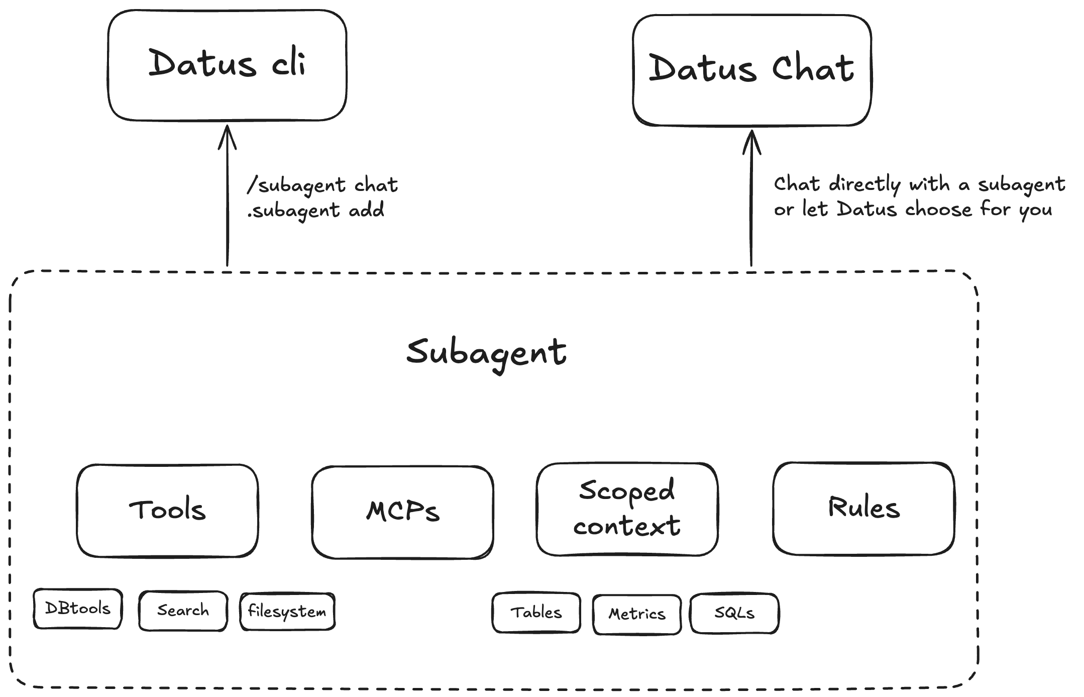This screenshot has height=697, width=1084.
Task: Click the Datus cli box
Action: coord(227,65)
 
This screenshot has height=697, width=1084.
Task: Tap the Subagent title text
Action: coord(486,353)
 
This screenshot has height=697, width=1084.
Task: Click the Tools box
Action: coord(167,510)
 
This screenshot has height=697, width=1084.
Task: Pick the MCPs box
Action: coord(402,512)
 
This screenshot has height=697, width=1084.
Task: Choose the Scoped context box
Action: coord(627,509)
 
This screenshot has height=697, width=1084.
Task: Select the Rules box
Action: coord(863,508)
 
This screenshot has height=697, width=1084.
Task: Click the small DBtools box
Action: coord(77,609)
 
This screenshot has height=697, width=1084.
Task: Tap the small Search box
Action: coord(183,611)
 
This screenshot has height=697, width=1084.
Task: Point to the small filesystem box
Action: coord(287,612)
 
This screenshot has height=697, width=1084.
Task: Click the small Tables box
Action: coord(536,613)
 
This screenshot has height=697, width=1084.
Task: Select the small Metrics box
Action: coord(636,614)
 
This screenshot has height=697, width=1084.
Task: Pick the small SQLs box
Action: coord(734,613)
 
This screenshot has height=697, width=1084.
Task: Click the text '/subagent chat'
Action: coord(322,185)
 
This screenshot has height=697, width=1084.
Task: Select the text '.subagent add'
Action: coord(316,210)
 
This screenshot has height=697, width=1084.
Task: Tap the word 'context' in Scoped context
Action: coord(627,527)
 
